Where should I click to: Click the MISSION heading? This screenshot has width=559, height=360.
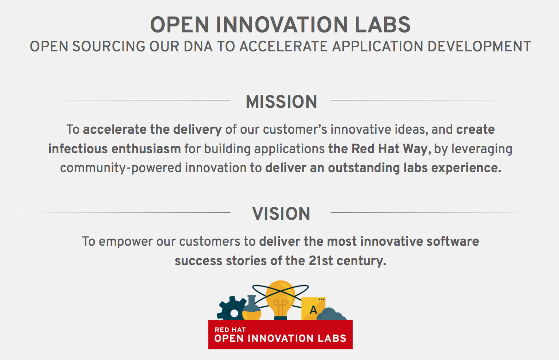coord(281,102)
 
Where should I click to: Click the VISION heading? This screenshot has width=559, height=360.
coord(281,214)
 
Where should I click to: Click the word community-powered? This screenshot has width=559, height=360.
coord(121,168)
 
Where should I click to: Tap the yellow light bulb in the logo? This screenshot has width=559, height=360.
coord(280,298)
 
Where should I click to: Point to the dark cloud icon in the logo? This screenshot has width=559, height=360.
coord(331,315)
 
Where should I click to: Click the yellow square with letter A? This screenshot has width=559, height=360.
coord(313,308)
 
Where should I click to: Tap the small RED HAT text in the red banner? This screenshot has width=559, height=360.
coord(230,330)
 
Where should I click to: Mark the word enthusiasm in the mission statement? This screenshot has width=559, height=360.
coord(147,149)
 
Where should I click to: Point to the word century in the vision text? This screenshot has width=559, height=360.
coord(363,261)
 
